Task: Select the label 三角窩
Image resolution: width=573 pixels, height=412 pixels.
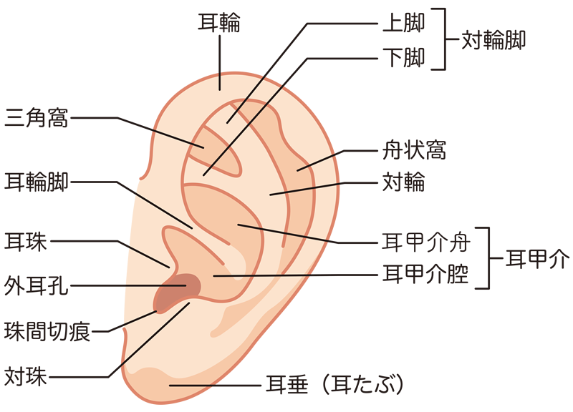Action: (x=36, y=117)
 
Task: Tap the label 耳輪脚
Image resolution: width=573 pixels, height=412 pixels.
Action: (x=36, y=181)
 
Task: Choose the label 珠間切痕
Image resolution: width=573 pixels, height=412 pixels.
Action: (x=47, y=332)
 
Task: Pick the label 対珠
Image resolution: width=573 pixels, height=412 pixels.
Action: (x=26, y=376)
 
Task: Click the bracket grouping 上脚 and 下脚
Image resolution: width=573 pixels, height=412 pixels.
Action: (x=444, y=40)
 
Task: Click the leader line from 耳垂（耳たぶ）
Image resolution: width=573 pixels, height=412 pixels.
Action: (x=215, y=385)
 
